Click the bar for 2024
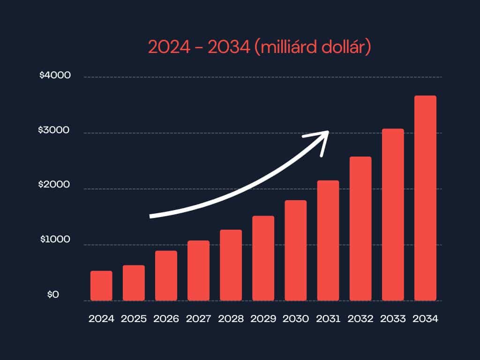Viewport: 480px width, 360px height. pyautogui.click(x=101, y=286)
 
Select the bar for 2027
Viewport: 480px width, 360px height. pyautogui.click(x=198, y=270)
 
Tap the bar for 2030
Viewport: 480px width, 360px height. pyautogui.click(x=295, y=250)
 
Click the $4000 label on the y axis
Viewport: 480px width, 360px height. pyautogui.click(x=55, y=75)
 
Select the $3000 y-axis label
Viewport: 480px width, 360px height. pyautogui.click(x=55, y=130)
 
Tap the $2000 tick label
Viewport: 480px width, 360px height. pyautogui.click(x=55, y=185)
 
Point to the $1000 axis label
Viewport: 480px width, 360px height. pyautogui.click(x=55, y=240)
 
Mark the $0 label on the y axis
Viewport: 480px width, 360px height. pyautogui.click(x=53, y=294)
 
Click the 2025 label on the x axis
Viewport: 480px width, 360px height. pyautogui.click(x=134, y=319)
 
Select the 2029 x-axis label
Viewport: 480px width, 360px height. pyautogui.click(x=263, y=319)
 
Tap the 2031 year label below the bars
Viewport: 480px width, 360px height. pyautogui.click(x=328, y=319)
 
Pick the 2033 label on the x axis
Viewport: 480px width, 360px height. pyautogui.click(x=393, y=319)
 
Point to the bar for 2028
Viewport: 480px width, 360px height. pyautogui.click(x=231, y=265)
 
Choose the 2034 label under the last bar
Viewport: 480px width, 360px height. pyautogui.click(x=425, y=319)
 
